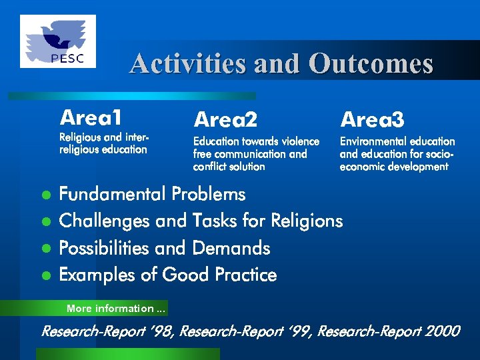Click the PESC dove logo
[x=58, y=41]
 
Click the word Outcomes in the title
[x=371, y=64]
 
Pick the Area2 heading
[x=225, y=120]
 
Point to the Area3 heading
[x=372, y=120]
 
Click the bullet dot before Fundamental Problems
[x=46, y=195]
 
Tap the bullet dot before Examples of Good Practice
[x=46, y=275]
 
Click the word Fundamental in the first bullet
[x=113, y=195]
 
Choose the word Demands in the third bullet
[x=231, y=248]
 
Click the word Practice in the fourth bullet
[x=243, y=275]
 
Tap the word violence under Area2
[x=300, y=141]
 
